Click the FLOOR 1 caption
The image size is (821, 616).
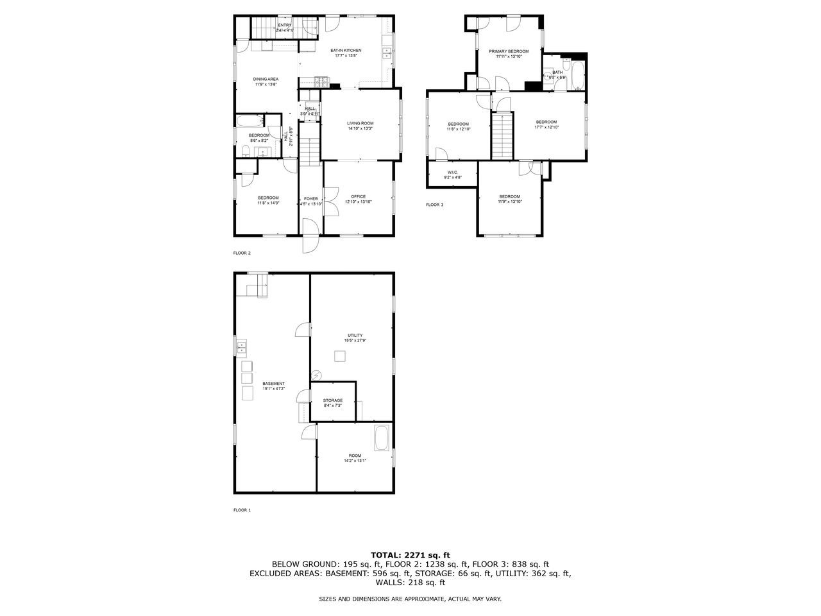[242, 510]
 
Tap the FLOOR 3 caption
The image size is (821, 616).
[434, 205]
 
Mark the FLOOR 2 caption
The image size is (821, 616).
[242, 253]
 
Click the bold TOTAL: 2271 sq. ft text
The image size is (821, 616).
[410, 555]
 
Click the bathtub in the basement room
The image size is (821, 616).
[382, 438]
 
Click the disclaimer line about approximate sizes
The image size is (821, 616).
[410, 599]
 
